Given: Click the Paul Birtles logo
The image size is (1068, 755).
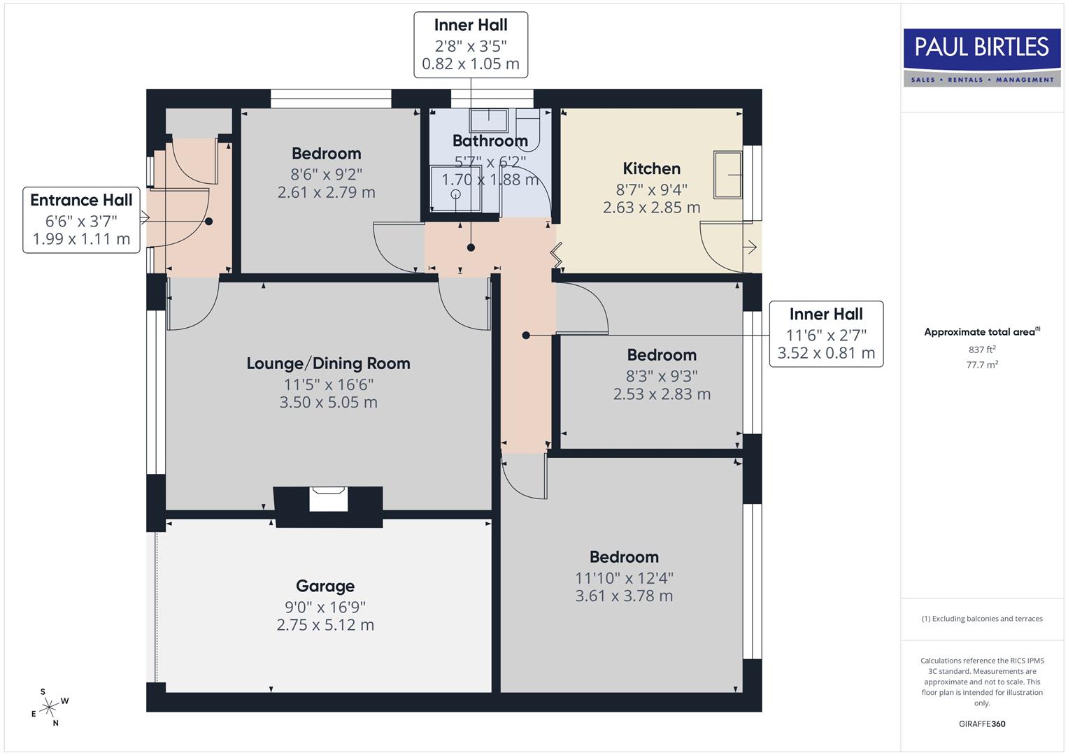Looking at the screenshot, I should pyautogui.click(x=981, y=57).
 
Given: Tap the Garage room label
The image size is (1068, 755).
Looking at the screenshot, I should pyautogui.click(x=325, y=586).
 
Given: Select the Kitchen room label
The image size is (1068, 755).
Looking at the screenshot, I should pyautogui.click(x=651, y=168).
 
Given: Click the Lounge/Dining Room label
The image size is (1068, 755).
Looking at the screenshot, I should pyautogui.click(x=328, y=364).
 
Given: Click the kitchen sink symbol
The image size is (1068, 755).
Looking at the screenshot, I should pyautogui.click(x=727, y=174).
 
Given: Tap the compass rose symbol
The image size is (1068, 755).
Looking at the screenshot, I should pyautogui.click(x=49, y=708).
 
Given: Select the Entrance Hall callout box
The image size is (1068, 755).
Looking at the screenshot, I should pyautogui.click(x=81, y=220).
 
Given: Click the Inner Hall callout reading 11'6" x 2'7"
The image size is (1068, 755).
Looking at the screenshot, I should pyautogui.click(x=826, y=333).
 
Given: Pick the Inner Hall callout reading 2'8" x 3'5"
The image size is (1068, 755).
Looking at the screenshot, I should pyautogui.click(x=470, y=45).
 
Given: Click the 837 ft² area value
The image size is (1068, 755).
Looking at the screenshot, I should pyautogui.click(x=982, y=350).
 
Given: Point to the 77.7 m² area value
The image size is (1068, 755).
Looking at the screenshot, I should pyautogui.click(x=982, y=365).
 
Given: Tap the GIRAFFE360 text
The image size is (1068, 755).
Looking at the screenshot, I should pyautogui.click(x=982, y=724).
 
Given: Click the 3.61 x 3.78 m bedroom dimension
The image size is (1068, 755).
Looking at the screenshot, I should pyautogui.click(x=624, y=596).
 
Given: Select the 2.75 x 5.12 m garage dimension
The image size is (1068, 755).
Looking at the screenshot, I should pyautogui.click(x=325, y=625).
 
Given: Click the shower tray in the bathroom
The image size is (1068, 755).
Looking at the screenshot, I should pyautogui.click(x=455, y=188).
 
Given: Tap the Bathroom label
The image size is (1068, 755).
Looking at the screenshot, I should pyautogui.click(x=490, y=141).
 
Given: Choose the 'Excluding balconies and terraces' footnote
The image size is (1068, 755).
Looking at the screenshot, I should pyautogui.click(x=982, y=619).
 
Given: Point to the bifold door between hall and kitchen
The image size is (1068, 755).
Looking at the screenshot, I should pyautogui.click(x=557, y=254).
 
